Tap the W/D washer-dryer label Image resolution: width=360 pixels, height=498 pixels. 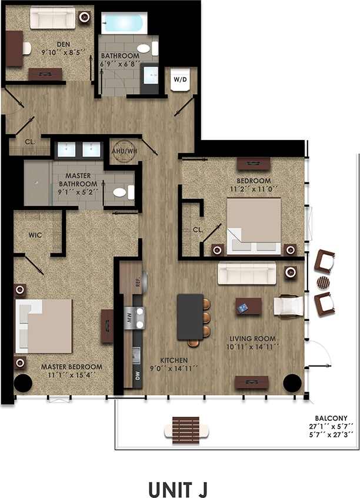pos(180,78)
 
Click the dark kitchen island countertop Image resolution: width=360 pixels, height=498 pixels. pos(189,317)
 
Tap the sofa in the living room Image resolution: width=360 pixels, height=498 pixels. pos(246,273)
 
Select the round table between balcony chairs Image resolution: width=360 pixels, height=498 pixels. pos(324,282)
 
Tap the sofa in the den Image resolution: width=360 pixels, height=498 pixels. pos(52,18)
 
